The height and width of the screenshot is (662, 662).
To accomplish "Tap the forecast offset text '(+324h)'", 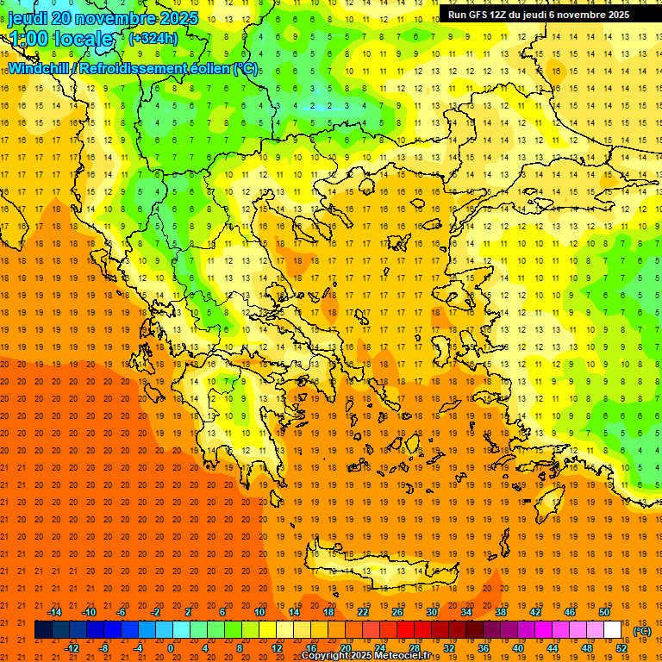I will (153, 38).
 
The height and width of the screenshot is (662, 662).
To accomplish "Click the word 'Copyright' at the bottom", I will (327, 656).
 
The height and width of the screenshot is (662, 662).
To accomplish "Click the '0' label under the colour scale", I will (170, 648).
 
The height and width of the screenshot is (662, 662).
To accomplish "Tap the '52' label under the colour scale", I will (621, 648).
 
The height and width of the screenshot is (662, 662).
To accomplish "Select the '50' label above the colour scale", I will (604, 612).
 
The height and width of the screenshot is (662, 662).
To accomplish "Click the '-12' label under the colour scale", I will (72, 648).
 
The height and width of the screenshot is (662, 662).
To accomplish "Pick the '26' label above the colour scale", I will (397, 612).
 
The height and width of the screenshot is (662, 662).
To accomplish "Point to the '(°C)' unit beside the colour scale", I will (642, 631).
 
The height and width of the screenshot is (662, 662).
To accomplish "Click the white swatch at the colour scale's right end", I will (613, 630).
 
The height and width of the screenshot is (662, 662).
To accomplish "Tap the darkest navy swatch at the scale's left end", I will (43, 630).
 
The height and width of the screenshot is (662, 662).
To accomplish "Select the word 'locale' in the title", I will (84, 39).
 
